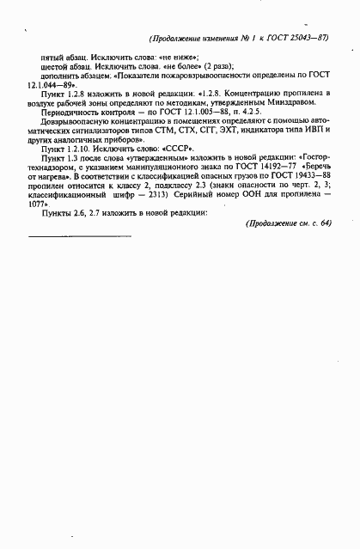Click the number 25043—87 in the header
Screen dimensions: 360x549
click(x=308, y=39)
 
